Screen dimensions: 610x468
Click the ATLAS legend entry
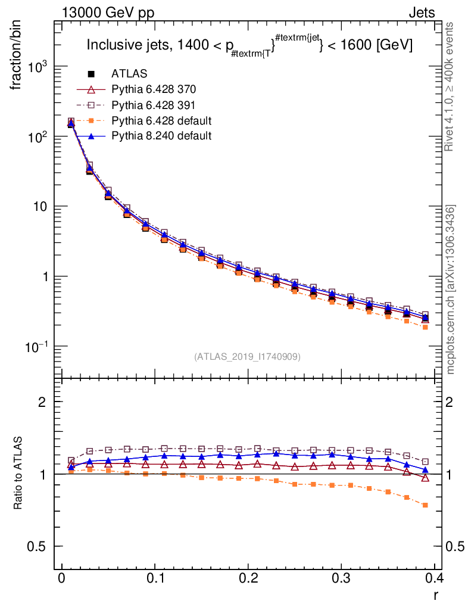tap(130, 74)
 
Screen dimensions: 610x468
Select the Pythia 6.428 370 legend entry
tap(154, 89)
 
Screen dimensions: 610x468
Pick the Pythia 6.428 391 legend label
tap(154, 105)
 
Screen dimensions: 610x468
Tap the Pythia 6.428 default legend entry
tap(161, 120)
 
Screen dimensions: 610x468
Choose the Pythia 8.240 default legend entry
tap(161, 136)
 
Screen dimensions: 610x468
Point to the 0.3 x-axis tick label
tap(342, 578)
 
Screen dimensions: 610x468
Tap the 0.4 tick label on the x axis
tap(435, 578)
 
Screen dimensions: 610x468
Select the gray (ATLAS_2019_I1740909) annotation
tap(247, 357)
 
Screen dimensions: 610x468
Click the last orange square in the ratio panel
tap(425, 505)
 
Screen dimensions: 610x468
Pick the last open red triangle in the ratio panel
tap(425, 478)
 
